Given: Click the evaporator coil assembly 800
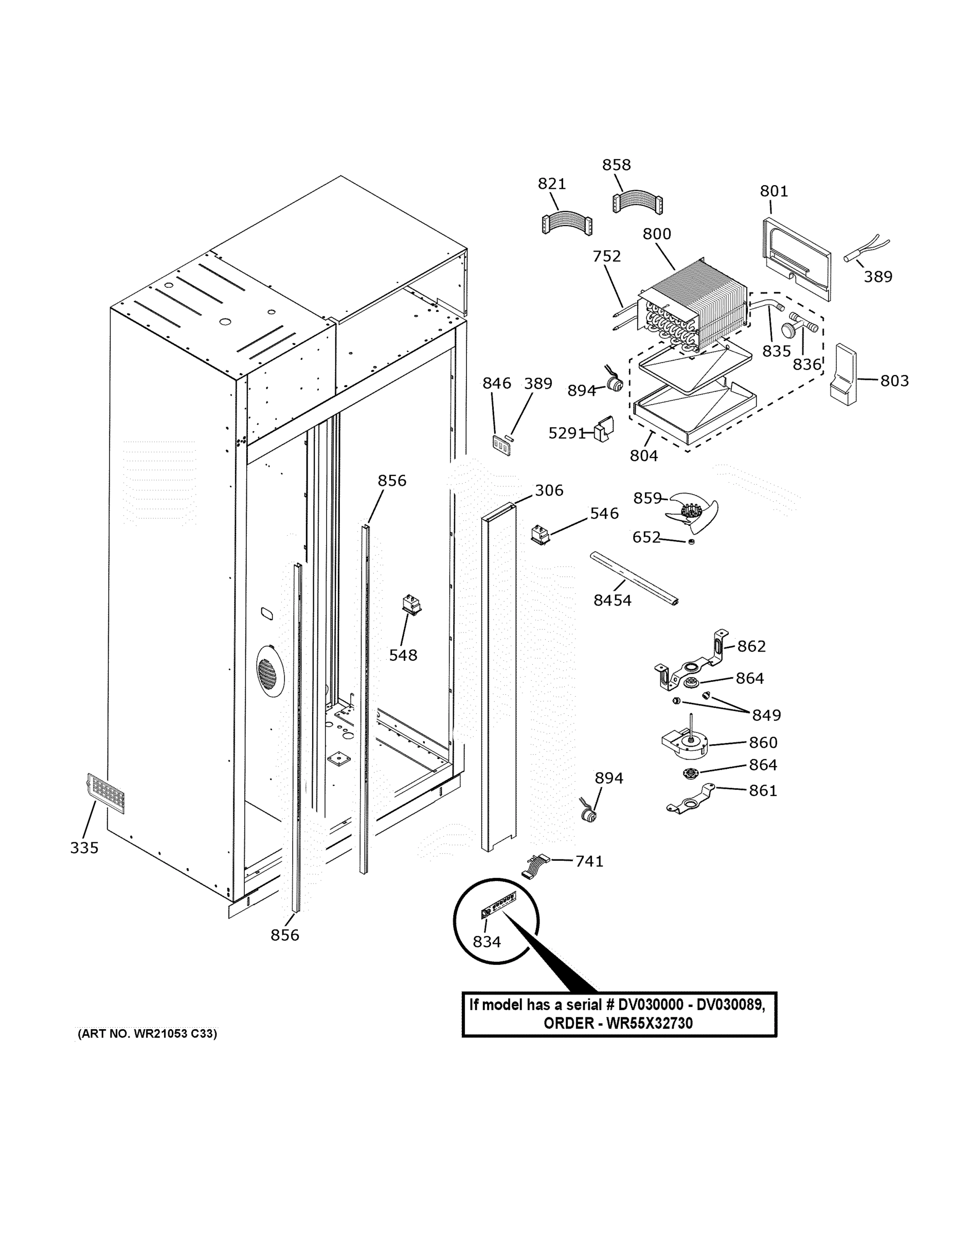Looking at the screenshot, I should pyautogui.click(x=695, y=302).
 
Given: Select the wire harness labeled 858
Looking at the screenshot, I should pyautogui.click(x=638, y=202).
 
